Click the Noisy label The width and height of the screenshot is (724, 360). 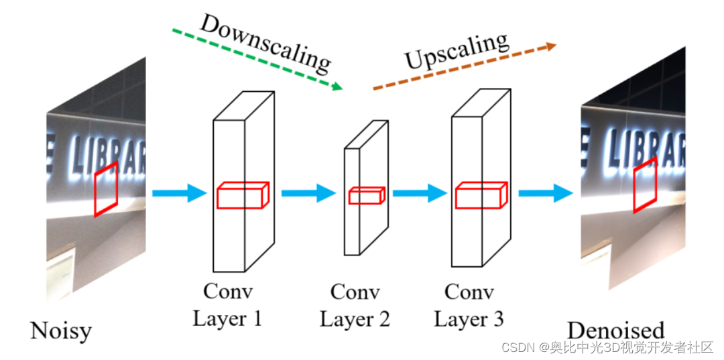point(60,331)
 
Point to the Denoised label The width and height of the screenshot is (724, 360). point(615,330)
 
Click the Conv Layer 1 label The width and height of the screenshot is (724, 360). point(227,304)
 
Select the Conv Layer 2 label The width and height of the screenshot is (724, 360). point(355,305)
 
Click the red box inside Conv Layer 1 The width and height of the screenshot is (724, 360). point(242,195)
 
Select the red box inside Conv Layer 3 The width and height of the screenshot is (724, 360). point(481,195)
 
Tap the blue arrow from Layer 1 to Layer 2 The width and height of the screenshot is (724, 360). point(308,194)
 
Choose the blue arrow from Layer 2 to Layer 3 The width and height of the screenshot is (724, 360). point(420,194)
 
